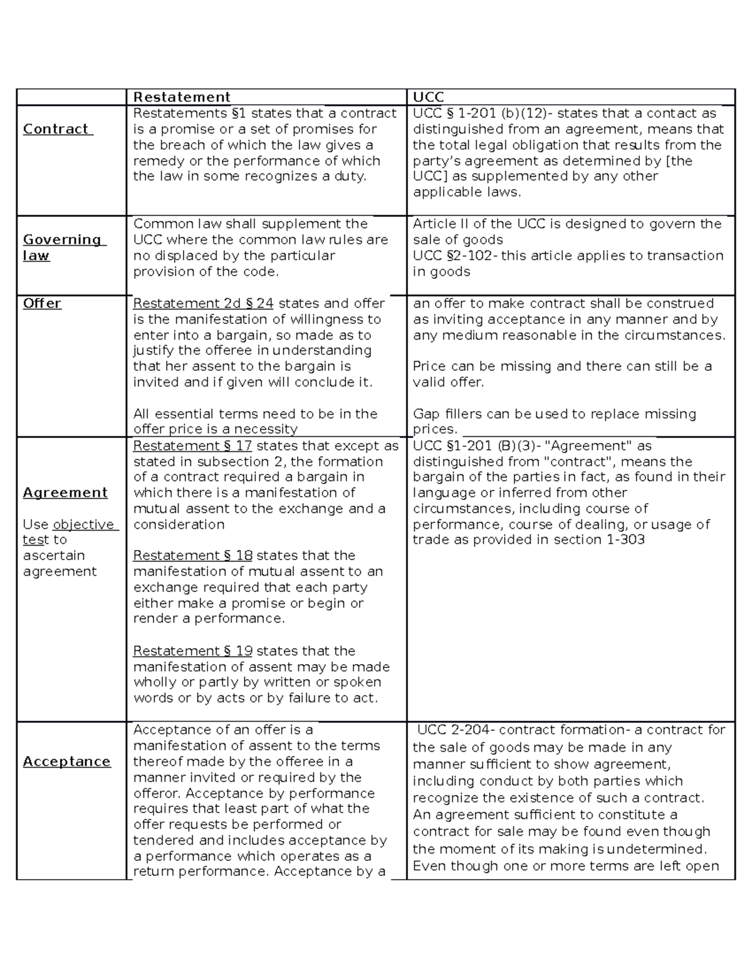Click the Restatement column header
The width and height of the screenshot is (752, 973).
[182, 97]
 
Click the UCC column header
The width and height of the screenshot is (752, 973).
[429, 97]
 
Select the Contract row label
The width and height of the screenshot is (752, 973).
[57, 129]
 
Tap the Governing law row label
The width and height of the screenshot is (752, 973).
[63, 247]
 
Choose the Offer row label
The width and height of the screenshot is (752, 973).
[42, 303]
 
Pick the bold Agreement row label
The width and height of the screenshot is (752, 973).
[65, 492]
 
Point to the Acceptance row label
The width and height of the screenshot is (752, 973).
[66, 761]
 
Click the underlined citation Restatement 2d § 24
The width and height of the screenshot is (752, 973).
[203, 303]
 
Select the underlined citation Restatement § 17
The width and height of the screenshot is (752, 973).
[192, 445]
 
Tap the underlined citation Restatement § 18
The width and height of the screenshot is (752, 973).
[192, 556]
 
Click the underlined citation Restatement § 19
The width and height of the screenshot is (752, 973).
[192, 651]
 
